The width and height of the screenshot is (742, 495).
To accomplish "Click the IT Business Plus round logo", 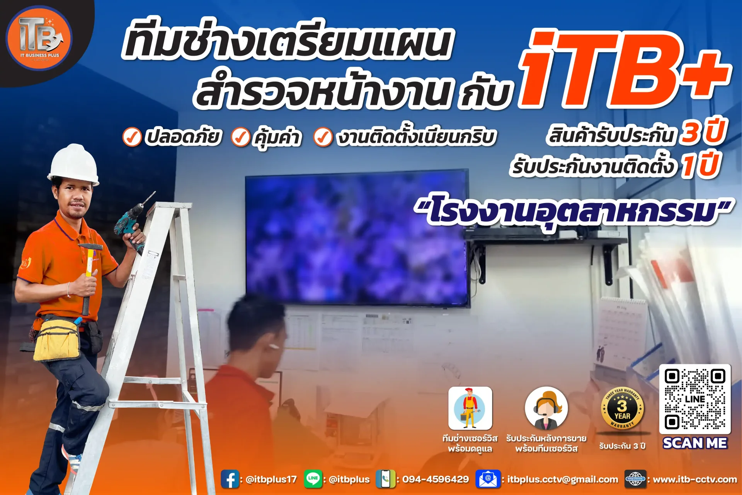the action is click(39, 38).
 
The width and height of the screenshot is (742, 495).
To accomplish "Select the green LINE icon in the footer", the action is click(313, 479).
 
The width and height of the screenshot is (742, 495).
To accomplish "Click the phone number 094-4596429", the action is click(436, 480).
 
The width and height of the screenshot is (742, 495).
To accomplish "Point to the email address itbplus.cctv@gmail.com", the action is click(563, 480).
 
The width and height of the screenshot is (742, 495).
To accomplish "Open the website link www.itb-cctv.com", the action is click(695, 480).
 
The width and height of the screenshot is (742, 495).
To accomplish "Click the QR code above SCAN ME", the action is click(695, 399).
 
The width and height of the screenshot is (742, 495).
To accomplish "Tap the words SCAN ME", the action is click(695, 443).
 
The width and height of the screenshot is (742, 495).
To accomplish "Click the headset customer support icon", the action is click(546, 408).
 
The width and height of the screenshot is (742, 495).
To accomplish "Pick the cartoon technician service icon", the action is click(470, 408).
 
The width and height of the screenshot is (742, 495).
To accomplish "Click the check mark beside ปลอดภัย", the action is click(132, 137).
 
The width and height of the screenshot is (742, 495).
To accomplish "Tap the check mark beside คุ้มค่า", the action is click(241, 137).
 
